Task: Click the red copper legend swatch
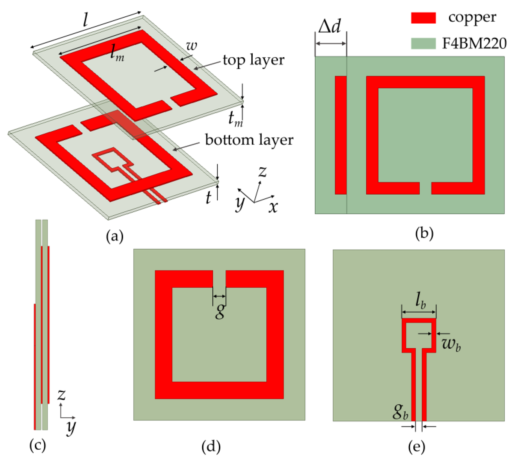coord(423,18)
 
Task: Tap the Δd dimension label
coord(329,26)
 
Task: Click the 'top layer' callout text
coord(253,60)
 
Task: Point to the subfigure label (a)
coord(115,236)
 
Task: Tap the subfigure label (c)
coord(38,445)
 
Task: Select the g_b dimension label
coord(400,412)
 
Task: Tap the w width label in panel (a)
coord(191,46)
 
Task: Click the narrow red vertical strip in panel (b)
coord(341,135)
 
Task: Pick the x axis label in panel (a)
coord(273,206)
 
